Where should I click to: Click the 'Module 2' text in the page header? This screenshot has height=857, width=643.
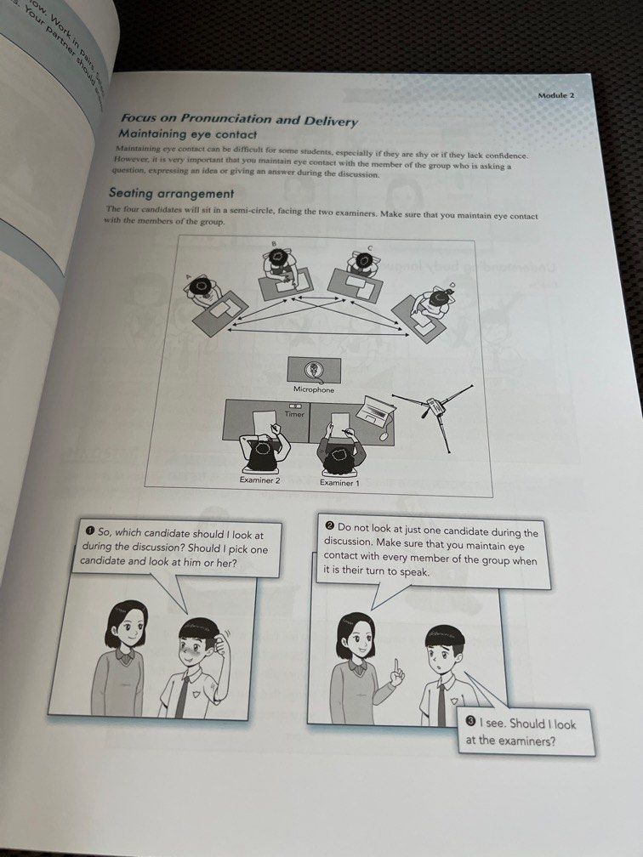coord(556,96)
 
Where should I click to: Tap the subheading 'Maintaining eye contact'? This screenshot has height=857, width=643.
coord(188,135)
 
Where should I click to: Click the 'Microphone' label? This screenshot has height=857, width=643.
coord(314,390)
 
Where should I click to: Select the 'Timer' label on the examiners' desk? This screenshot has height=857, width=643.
coord(294,415)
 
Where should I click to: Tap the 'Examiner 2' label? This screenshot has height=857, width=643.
coord(260,480)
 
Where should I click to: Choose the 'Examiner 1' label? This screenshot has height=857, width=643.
coord(340,483)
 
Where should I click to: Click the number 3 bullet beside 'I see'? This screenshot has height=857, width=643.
coord(471,722)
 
